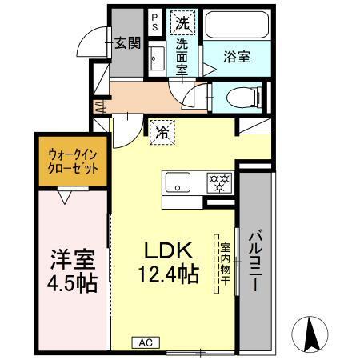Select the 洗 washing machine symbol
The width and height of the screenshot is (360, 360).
point(184,22)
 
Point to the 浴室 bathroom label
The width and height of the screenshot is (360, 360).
point(237,58)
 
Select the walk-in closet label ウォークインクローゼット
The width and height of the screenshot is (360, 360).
point(73,162)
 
